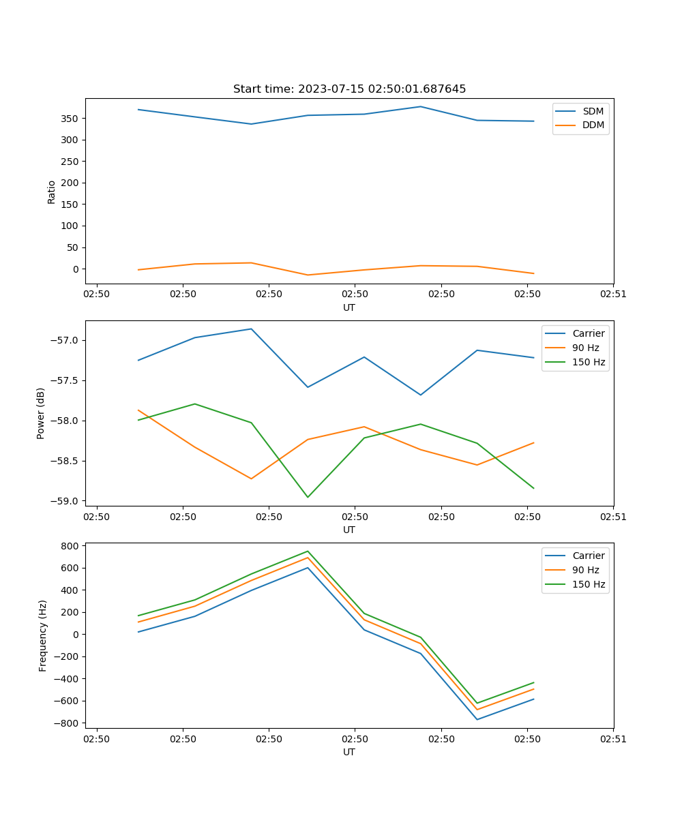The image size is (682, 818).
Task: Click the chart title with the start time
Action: tap(349, 89)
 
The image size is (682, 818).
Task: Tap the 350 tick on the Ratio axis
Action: tap(69, 119)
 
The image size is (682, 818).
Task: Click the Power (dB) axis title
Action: tap(41, 413)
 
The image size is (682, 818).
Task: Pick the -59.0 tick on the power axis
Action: tap(65, 501)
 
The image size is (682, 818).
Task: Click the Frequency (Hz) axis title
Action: tap(42, 635)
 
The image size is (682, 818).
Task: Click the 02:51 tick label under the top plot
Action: tap(613, 294)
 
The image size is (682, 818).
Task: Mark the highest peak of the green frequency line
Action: tap(308, 551)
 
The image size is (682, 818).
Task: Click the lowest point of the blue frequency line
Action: tap(477, 719)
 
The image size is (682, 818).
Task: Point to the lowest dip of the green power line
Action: tap(308, 497)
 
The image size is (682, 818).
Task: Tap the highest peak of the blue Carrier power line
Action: tap(251, 329)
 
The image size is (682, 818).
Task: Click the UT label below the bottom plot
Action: tap(349, 752)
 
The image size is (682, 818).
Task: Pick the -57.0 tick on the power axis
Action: tap(65, 341)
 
